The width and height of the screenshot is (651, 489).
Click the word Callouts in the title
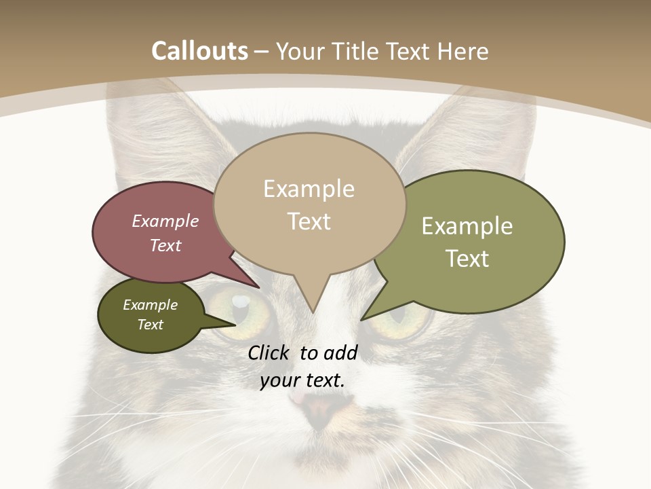199,51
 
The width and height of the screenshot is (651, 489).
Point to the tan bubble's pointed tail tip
312,312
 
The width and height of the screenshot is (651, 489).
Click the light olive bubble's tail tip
362,319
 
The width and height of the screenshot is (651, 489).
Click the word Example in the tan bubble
309,189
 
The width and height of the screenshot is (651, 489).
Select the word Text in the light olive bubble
467,259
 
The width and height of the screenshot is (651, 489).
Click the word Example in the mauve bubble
165,221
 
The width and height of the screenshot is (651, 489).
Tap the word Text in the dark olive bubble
150,325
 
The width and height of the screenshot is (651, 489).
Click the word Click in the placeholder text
270,352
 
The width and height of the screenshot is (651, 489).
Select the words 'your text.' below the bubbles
302,381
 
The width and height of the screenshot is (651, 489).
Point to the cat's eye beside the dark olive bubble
241,309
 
